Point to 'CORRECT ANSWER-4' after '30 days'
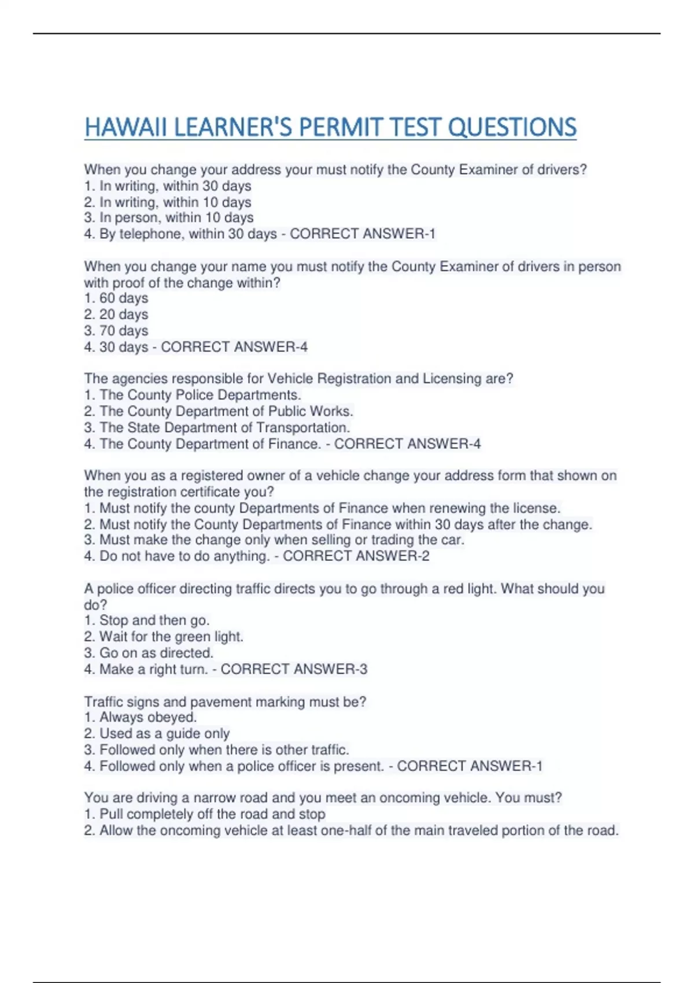point(234,347)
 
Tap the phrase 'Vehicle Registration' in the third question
point(329,379)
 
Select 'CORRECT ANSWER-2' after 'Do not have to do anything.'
point(356,556)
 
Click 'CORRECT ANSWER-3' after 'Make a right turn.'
point(294,670)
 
